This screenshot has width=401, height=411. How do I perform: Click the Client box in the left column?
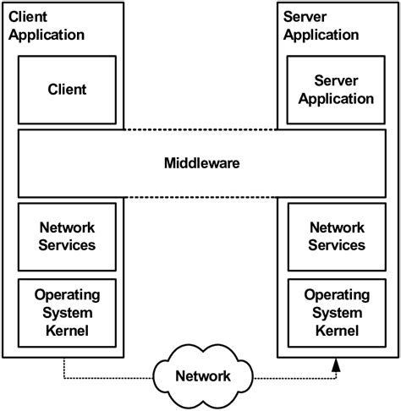point(67,90)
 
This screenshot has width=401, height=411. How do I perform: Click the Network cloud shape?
point(202,375)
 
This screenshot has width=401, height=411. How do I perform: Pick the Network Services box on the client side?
point(67,236)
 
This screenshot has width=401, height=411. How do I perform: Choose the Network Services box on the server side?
point(337,236)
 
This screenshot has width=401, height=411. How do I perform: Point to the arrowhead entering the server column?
point(336,364)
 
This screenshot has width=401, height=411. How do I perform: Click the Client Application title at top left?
point(46,25)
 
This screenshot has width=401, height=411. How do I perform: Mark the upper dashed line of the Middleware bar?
point(200,129)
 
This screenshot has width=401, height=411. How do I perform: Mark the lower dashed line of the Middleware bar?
point(200,197)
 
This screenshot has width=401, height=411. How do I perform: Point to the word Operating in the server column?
point(337,294)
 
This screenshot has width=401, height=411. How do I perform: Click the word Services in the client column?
point(67,244)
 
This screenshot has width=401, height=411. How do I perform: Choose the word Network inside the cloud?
point(202,376)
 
